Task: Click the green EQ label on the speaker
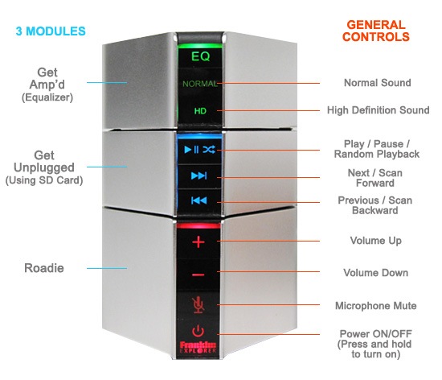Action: (200, 56)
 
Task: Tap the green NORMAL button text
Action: (200, 84)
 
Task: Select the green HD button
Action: (200, 111)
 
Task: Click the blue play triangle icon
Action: (188, 150)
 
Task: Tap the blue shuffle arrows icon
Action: (209, 150)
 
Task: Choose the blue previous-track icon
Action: (199, 200)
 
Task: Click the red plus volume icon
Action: (198, 242)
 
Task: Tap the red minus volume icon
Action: (198, 275)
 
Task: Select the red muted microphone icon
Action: (198, 305)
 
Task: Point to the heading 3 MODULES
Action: (51, 31)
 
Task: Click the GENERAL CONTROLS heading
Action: (376, 31)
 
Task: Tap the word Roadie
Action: (44, 268)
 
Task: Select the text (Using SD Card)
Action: (44, 180)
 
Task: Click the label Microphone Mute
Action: (376, 306)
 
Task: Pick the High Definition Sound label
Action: (379, 110)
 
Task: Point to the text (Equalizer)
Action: (47, 97)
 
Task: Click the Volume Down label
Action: (376, 273)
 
